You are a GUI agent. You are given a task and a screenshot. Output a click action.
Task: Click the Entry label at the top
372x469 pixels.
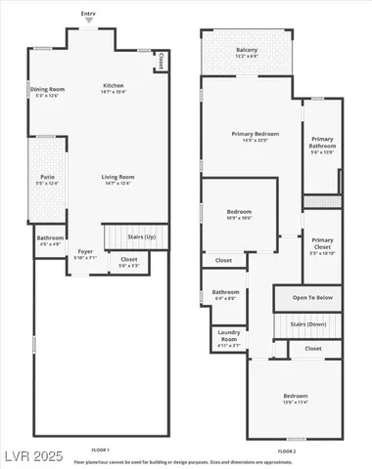coord(89,14)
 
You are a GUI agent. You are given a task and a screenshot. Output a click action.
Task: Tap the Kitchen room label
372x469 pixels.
coord(114,86)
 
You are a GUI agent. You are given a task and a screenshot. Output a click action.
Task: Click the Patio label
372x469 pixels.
coord(47,177)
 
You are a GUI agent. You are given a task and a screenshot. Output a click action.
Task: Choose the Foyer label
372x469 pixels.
coord(86,252)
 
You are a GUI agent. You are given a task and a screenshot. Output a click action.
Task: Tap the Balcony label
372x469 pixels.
coord(247,50)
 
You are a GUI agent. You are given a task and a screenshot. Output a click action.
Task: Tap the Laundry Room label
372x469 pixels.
coord(229,335)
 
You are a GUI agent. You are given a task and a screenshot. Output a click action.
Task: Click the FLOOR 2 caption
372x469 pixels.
coord(286,450)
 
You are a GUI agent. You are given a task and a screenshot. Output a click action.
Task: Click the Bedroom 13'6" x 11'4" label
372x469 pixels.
coord(296,396)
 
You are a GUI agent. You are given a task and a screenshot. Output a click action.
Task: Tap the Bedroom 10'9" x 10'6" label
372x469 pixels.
coord(240,212)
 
